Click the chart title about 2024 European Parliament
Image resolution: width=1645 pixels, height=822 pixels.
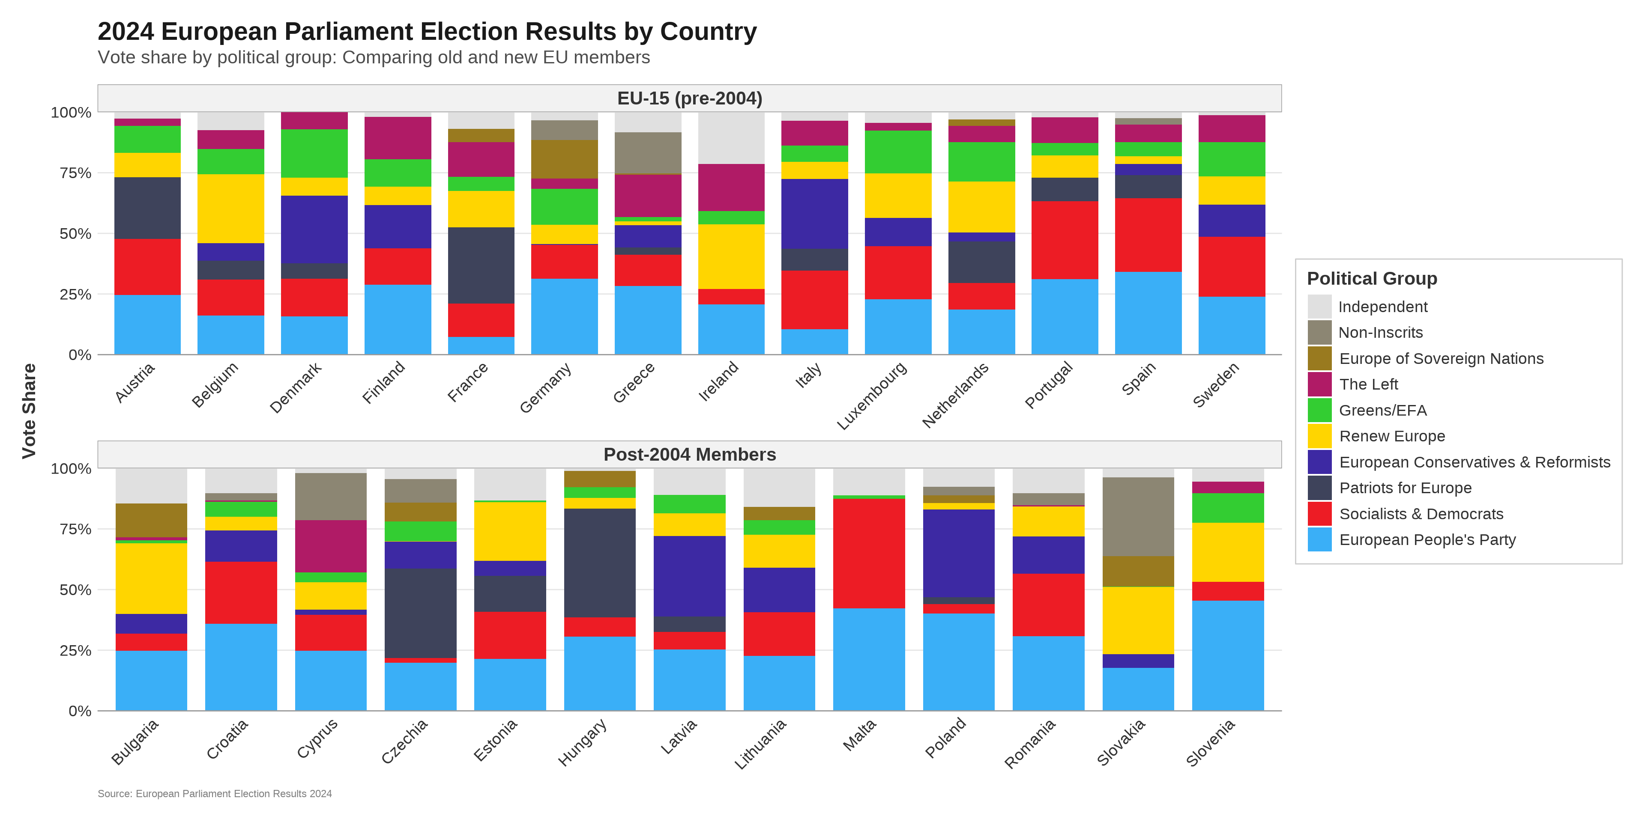point(427,31)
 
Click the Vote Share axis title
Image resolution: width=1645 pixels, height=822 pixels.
point(29,411)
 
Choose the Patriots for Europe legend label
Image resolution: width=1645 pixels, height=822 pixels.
point(1405,488)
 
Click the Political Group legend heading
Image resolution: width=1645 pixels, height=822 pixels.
point(1372,279)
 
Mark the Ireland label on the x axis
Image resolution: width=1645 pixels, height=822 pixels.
point(718,381)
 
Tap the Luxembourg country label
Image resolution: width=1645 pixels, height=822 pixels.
point(872,396)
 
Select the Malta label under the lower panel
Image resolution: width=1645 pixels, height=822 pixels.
point(859,735)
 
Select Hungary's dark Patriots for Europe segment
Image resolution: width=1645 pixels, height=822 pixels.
point(600,563)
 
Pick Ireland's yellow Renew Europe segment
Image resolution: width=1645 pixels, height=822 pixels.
point(731,256)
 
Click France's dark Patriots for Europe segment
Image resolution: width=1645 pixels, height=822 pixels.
point(481,265)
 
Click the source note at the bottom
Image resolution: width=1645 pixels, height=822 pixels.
point(215,794)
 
